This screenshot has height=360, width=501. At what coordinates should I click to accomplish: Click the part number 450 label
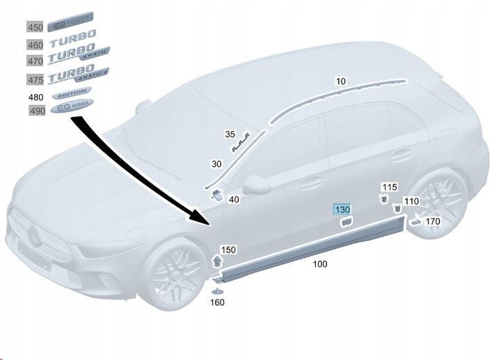pos(35,28)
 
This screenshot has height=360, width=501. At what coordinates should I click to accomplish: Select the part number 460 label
pos(35,45)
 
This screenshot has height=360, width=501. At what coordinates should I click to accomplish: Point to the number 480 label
pos(35,96)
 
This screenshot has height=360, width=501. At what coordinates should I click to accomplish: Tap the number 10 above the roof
pos(340,81)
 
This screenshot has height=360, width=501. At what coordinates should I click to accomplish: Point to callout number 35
pos(230,134)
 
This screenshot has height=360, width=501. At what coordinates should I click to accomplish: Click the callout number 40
pos(234,200)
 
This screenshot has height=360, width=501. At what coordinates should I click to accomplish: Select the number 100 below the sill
pos(320,264)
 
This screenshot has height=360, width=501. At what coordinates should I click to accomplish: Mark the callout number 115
pos(390,187)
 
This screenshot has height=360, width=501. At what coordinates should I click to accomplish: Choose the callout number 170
pos(433,222)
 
